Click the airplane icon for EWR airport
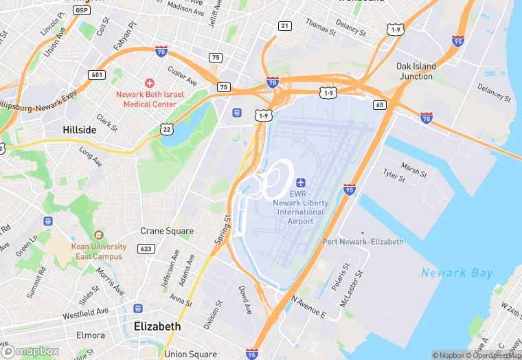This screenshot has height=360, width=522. tap(300, 183)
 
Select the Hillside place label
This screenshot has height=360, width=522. tap(80, 129)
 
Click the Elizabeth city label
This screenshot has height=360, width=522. tap(157, 326)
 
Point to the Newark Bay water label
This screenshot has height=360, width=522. tap(457, 273)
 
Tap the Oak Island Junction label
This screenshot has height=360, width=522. tap(416, 71)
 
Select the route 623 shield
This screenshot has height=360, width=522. tap(145, 248)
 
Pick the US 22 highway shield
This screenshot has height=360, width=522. tap(166, 128)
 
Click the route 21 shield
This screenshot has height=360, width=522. tap(284, 26)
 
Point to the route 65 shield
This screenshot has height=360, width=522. tap(379, 104)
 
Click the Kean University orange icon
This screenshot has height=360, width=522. tap(98, 235)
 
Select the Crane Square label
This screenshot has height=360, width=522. tap(167, 232)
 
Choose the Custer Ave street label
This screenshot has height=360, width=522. tap(182, 76)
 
